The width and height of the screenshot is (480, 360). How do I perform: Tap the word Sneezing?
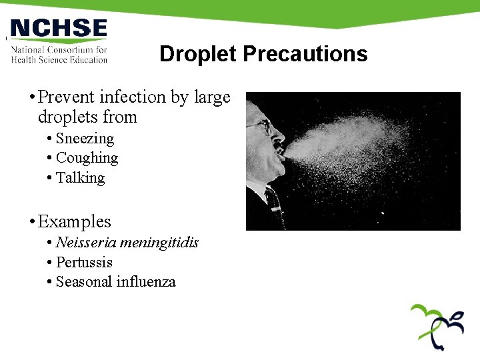coord(85,139)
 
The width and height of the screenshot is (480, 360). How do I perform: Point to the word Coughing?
coord(87,158)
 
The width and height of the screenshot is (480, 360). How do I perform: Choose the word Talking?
coord(80,177)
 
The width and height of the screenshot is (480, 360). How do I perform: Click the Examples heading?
coord(74,221)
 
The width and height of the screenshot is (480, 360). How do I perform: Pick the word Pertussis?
coord(84,262)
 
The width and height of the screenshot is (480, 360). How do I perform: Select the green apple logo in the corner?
coord(437,326)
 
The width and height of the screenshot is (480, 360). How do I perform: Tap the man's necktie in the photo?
coord(274,203)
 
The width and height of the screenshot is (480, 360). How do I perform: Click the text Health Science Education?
coord(59,59)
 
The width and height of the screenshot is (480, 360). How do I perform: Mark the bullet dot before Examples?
coord(31,222)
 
